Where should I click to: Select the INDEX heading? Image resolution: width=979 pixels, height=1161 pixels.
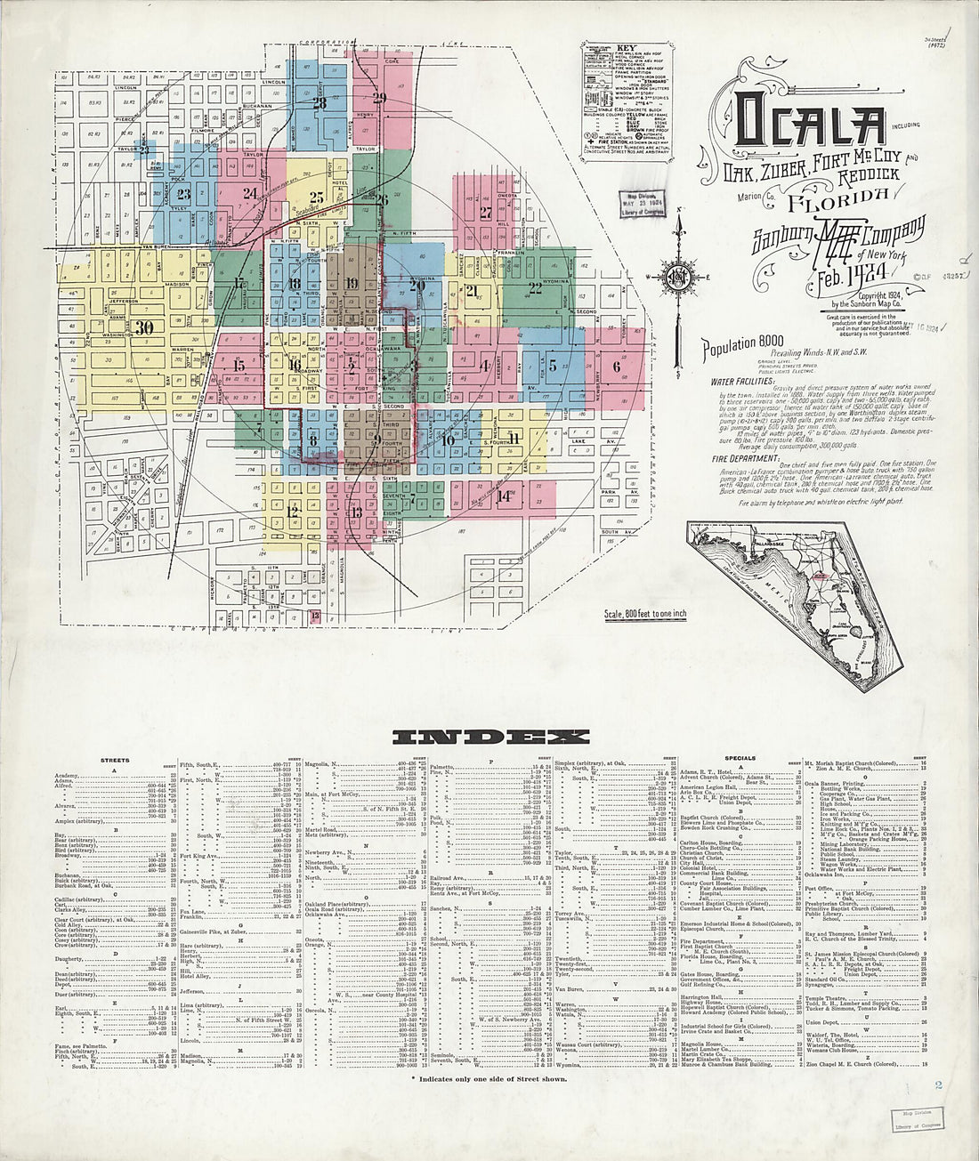pyautogui.click(x=490, y=737)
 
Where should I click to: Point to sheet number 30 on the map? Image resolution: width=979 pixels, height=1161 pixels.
pyautogui.click(x=145, y=327)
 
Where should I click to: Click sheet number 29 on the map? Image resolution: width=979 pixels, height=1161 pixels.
pyautogui.click(x=380, y=98)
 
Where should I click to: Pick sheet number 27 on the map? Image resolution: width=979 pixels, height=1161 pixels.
pyautogui.click(x=485, y=213)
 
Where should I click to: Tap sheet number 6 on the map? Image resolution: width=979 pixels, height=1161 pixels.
pyautogui.click(x=616, y=365)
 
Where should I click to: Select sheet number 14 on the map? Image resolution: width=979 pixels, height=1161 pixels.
pyautogui.click(x=505, y=496)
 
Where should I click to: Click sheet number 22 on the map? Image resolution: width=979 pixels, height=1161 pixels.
pyautogui.click(x=534, y=287)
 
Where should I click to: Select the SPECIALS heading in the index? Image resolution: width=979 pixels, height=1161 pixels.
pyautogui.click(x=740, y=759)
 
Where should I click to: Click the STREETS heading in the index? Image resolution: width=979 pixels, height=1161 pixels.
pyautogui.click(x=115, y=761)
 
